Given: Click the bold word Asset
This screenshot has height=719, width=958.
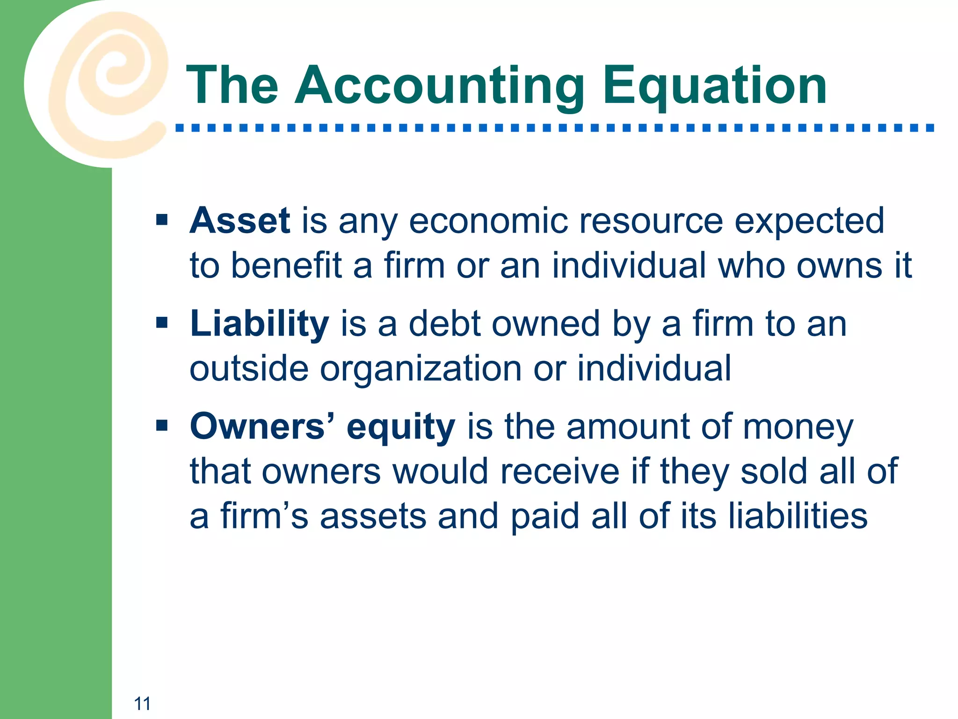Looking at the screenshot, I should pyautogui.click(x=240, y=220).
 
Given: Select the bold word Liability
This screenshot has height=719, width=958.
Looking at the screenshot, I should pyautogui.click(x=260, y=324).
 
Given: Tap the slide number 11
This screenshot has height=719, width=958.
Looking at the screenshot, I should pyautogui.click(x=142, y=704).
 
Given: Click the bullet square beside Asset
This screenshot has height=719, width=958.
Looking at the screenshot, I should pyautogui.click(x=162, y=220).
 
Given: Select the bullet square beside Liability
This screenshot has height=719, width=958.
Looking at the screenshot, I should pyautogui.click(x=162, y=323).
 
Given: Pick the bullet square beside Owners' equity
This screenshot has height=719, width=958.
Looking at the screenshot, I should pyautogui.click(x=162, y=426).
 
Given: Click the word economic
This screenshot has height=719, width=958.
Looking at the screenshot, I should pyautogui.click(x=488, y=220).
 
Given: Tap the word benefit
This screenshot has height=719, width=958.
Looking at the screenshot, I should pyautogui.click(x=286, y=265).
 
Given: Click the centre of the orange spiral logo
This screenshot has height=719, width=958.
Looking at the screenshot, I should pyautogui.click(x=115, y=75).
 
